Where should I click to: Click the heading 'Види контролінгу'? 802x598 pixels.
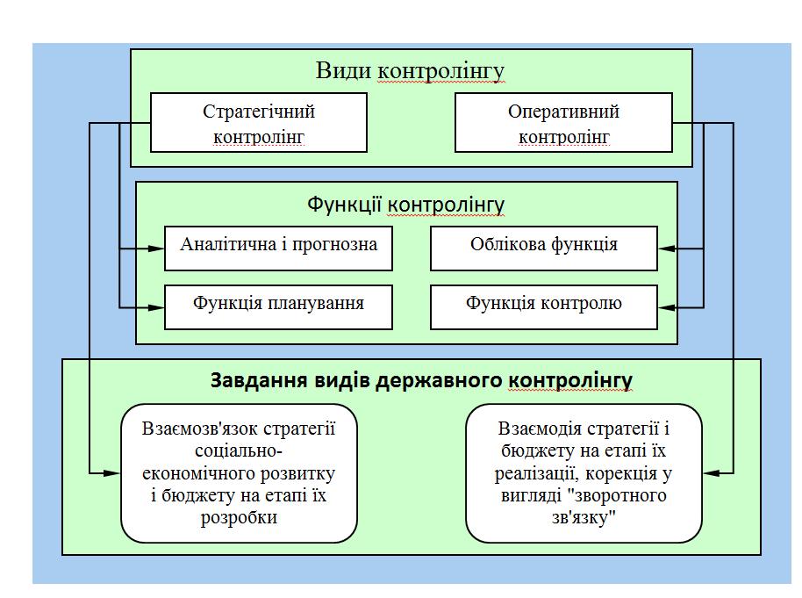(x=411, y=70)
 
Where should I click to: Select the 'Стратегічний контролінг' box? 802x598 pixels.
(x=259, y=124)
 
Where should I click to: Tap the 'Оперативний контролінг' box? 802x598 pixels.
(x=564, y=124)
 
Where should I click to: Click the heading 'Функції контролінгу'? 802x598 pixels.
(x=406, y=205)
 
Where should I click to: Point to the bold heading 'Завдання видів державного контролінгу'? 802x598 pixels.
(x=421, y=380)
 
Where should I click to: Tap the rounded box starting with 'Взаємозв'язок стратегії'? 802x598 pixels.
(x=239, y=472)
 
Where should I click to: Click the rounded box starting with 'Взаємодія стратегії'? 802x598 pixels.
(x=584, y=472)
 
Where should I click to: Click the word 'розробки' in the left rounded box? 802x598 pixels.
(x=239, y=518)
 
